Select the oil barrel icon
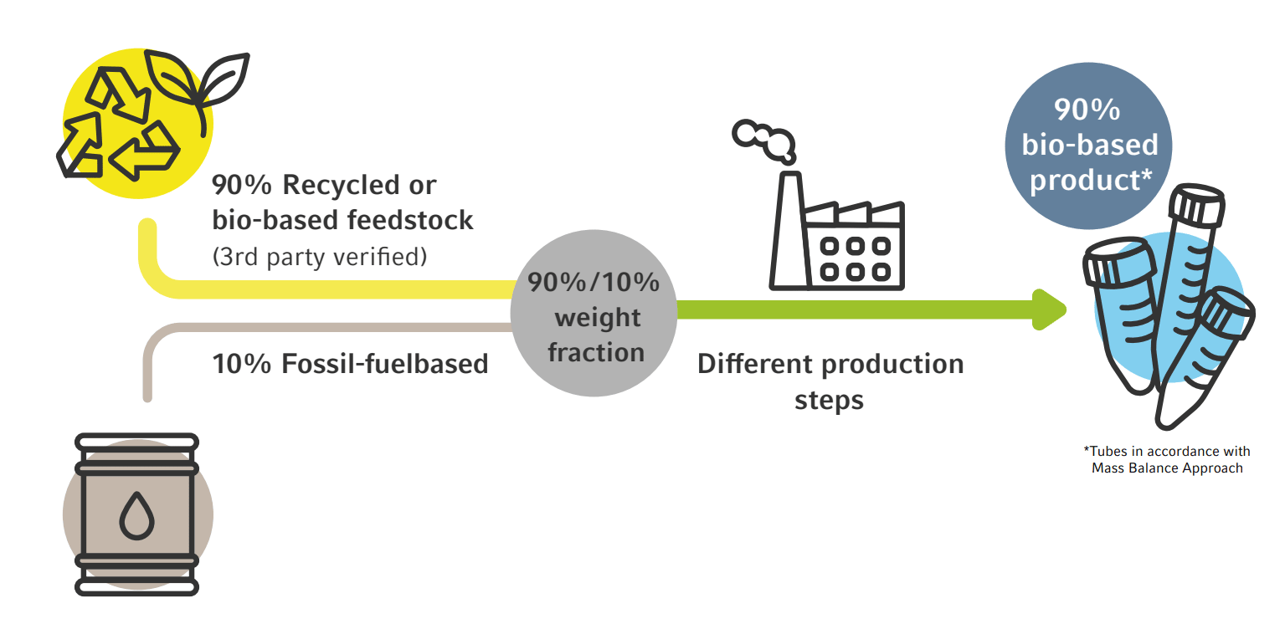click(137, 514)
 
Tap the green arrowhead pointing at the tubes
click(1049, 309)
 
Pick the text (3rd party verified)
click(320, 256)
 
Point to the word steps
click(829, 400)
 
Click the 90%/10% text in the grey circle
click(594, 283)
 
